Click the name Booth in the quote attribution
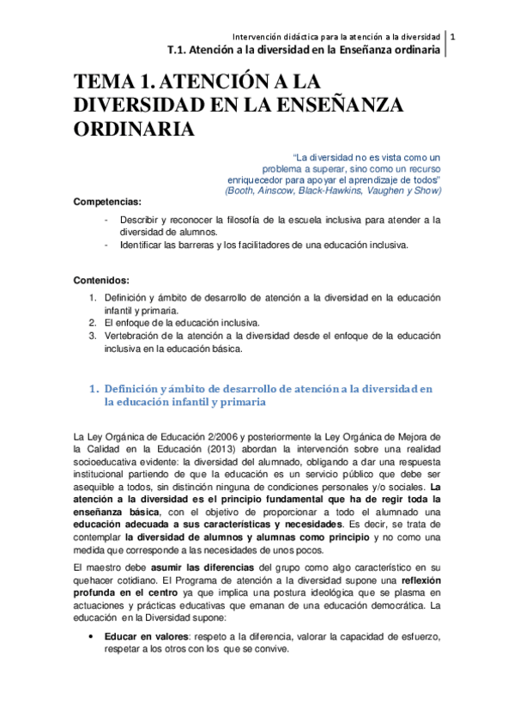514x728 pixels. click(242, 191)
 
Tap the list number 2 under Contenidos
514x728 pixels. click(94, 322)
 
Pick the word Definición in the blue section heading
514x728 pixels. click(136, 388)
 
